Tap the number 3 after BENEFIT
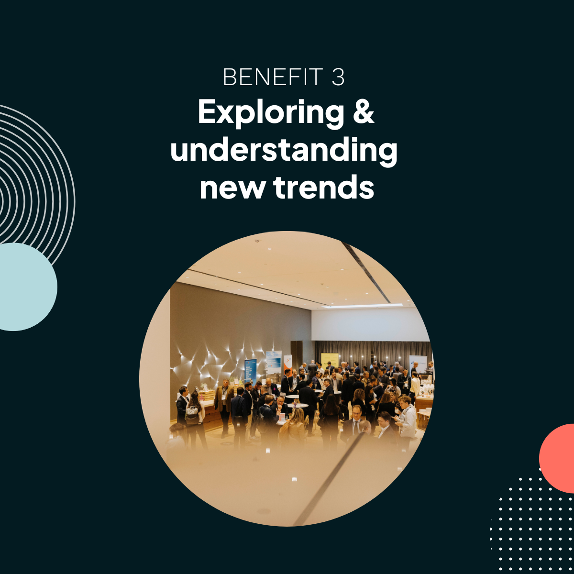click(338, 77)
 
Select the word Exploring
click(270, 114)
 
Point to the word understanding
click(284, 151)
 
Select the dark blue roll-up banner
click(251, 372)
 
